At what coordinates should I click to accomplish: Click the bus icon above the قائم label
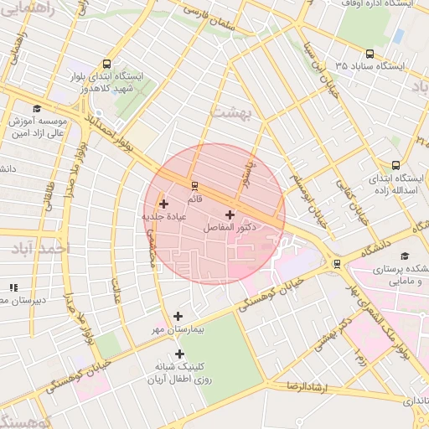click(195, 185)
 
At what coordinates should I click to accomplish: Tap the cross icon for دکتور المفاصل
click(230, 215)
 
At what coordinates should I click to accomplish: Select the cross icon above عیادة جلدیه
click(163, 204)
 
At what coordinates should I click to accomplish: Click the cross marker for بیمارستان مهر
click(178, 316)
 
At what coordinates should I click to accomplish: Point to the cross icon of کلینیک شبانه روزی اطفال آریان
click(179, 354)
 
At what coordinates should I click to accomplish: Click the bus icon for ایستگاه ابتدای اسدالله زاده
click(395, 165)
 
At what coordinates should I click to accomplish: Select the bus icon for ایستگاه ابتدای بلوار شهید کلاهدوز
click(106, 64)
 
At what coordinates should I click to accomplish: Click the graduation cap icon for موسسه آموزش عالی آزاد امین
click(36, 109)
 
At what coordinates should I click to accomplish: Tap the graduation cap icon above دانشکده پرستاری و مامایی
click(406, 256)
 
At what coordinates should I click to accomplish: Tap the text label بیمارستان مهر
click(178, 329)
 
